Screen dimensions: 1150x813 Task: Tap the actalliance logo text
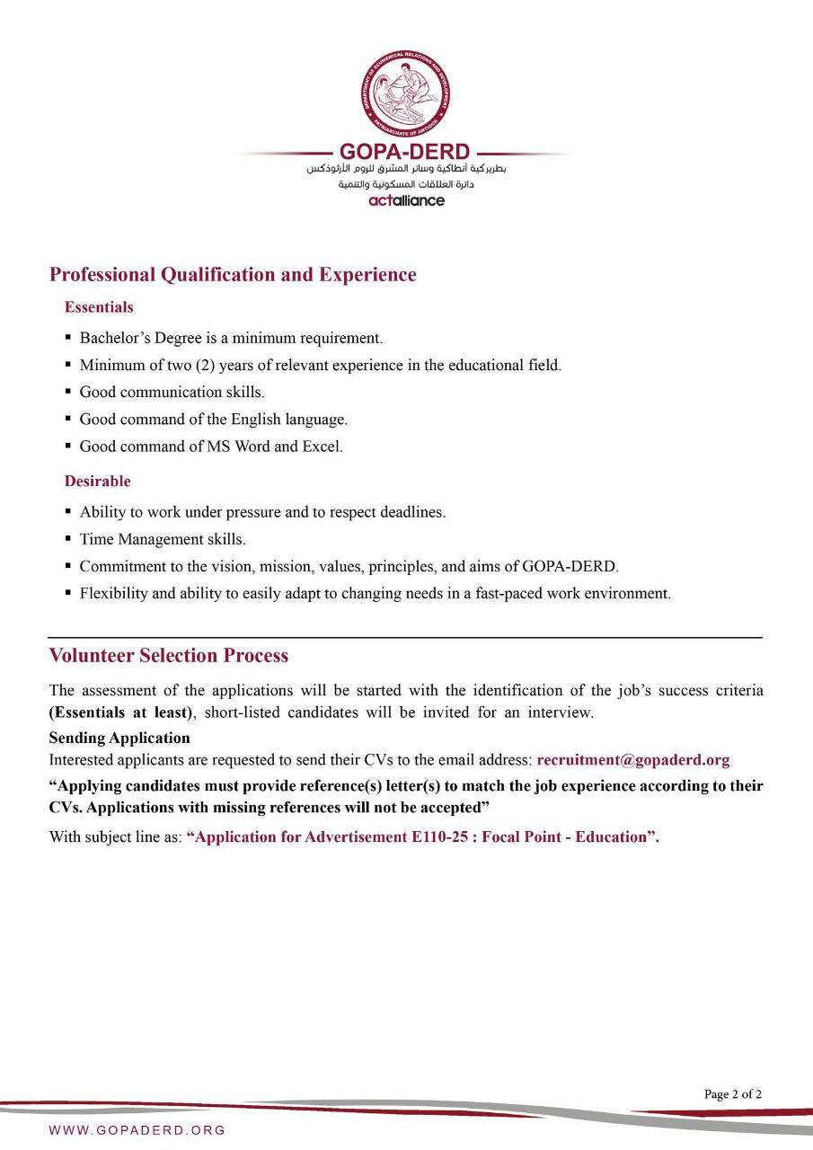406,200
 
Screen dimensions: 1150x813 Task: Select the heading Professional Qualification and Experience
233,275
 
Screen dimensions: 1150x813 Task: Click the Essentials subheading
99,307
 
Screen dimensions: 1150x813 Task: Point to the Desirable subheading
97,482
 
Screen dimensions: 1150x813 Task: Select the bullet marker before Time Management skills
68,539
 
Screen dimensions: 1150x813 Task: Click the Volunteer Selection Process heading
169,656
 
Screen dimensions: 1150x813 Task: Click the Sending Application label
119,738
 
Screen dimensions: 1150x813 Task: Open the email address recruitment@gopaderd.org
633,760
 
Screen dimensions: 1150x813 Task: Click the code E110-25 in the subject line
429,837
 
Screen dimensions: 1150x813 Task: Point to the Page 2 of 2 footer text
733,1094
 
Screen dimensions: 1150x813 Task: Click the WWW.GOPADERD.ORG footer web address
137,1130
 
